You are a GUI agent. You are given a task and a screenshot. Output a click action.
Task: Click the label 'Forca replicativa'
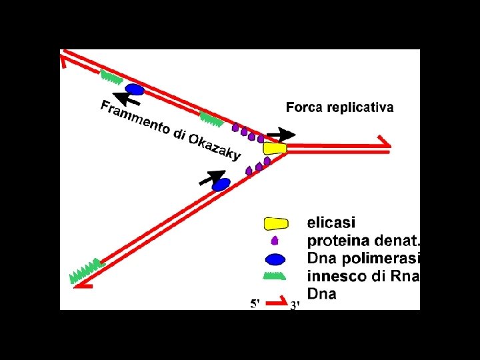click(339, 107)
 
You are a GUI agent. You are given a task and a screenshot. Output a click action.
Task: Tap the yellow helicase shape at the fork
click(275, 148)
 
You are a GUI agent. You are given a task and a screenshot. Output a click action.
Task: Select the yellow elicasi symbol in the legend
click(276, 223)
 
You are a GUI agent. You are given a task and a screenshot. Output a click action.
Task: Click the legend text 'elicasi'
click(331, 223)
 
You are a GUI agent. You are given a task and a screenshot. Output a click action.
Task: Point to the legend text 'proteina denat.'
click(364, 241)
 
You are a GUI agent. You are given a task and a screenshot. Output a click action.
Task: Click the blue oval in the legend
click(275, 259)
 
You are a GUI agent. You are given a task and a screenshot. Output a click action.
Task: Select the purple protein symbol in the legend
click(275, 241)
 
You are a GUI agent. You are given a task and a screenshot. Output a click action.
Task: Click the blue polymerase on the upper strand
click(135, 89)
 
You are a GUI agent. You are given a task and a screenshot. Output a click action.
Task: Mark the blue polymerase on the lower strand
click(221, 184)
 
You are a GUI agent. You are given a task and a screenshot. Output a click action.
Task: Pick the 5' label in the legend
click(255, 304)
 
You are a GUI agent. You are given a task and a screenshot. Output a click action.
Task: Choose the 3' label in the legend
click(295, 305)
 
